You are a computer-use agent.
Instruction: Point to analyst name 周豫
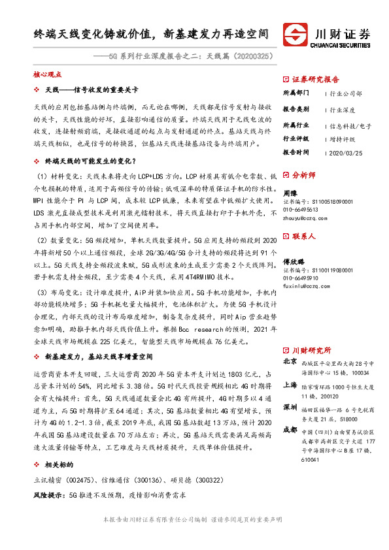click(290, 193)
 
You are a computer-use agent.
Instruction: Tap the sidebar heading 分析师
click(303, 176)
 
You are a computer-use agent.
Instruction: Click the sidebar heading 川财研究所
click(311, 350)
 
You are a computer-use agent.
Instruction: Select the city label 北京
click(289, 361)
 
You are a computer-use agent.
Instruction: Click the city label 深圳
click(289, 407)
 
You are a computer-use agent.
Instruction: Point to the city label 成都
click(289, 430)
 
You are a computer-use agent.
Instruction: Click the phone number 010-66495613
click(301, 210)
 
